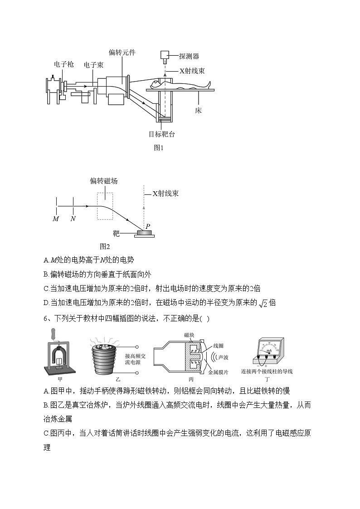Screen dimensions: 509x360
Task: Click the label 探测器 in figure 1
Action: point(189,56)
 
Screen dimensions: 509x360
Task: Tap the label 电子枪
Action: point(63,64)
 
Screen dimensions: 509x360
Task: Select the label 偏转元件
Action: point(122,53)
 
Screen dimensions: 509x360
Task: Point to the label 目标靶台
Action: point(162,134)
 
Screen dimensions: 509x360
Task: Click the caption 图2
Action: point(105,246)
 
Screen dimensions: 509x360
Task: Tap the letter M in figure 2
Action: point(56,218)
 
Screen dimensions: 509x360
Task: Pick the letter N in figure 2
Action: point(73,218)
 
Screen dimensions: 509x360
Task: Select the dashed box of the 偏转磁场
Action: point(105,205)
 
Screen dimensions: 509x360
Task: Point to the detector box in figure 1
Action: point(164,56)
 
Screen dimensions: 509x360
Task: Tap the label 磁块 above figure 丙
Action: point(190,335)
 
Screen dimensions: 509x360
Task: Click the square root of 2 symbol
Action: point(262,303)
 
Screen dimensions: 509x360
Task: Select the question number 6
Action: point(47,318)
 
